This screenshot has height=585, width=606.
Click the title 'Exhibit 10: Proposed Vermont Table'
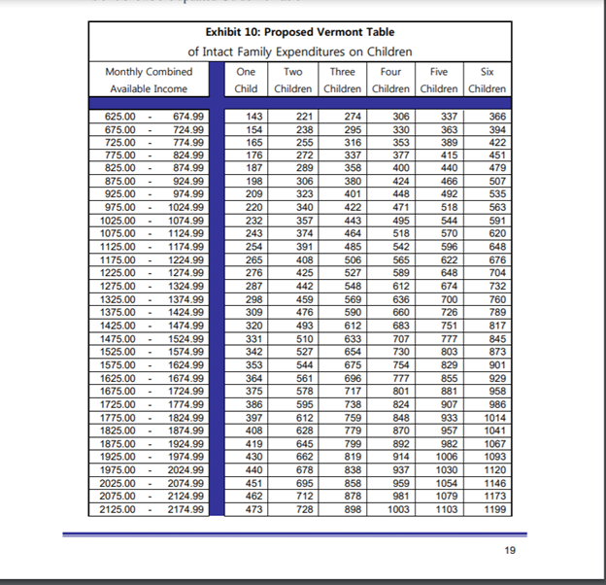click(300, 32)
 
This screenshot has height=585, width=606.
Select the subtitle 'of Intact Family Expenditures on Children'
click(300, 52)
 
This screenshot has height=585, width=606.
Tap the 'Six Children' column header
click(487, 80)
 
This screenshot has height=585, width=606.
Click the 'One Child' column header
click(247, 80)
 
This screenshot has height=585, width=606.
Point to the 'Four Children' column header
click(390, 80)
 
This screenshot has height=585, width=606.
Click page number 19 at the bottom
click(510, 551)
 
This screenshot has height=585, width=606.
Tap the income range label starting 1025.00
click(120, 221)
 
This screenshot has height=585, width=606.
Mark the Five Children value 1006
click(446, 457)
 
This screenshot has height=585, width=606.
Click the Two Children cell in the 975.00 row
click(304, 208)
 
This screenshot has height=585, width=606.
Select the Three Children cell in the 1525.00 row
click(353, 352)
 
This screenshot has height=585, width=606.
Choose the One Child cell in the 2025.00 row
click(255, 483)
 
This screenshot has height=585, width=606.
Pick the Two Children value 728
click(304, 508)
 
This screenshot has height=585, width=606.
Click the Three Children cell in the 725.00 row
click(353, 142)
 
